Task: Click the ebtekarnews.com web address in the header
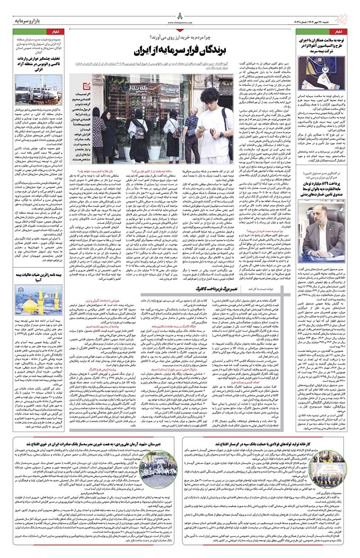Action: point(180,21)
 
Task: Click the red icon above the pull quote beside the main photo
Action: point(90,80)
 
